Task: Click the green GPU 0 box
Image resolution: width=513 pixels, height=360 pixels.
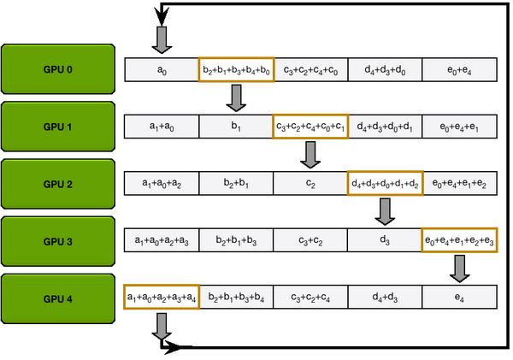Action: pos(57,68)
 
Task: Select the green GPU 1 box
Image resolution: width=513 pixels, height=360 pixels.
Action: pos(57,127)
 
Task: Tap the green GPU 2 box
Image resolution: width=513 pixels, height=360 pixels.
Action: pos(57,183)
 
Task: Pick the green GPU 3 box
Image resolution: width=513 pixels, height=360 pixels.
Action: pos(57,240)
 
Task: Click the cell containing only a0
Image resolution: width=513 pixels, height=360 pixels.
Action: pos(162,69)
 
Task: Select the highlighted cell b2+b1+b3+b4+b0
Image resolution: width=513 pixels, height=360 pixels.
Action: pos(236,69)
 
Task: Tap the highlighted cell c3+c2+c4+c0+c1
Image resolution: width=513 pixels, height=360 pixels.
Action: pos(310,127)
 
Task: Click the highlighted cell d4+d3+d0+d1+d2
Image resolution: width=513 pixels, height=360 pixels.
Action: pos(385,183)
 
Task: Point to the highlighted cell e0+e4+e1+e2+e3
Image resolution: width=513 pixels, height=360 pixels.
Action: pos(460,240)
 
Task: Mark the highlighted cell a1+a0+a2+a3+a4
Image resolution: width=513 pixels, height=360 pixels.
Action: pos(162,297)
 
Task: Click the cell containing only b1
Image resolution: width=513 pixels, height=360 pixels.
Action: pos(236,127)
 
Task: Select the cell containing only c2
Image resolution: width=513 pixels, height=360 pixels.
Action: pos(310,183)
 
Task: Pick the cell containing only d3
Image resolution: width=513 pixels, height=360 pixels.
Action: pos(385,240)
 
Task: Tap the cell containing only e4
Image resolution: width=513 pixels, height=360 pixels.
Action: pos(460,297)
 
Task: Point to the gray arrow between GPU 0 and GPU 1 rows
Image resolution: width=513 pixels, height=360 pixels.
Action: pos(236,97)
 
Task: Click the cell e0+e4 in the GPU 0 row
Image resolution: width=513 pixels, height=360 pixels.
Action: pos(460,69)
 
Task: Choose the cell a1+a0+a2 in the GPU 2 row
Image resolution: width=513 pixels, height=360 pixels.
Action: pos(162,183)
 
